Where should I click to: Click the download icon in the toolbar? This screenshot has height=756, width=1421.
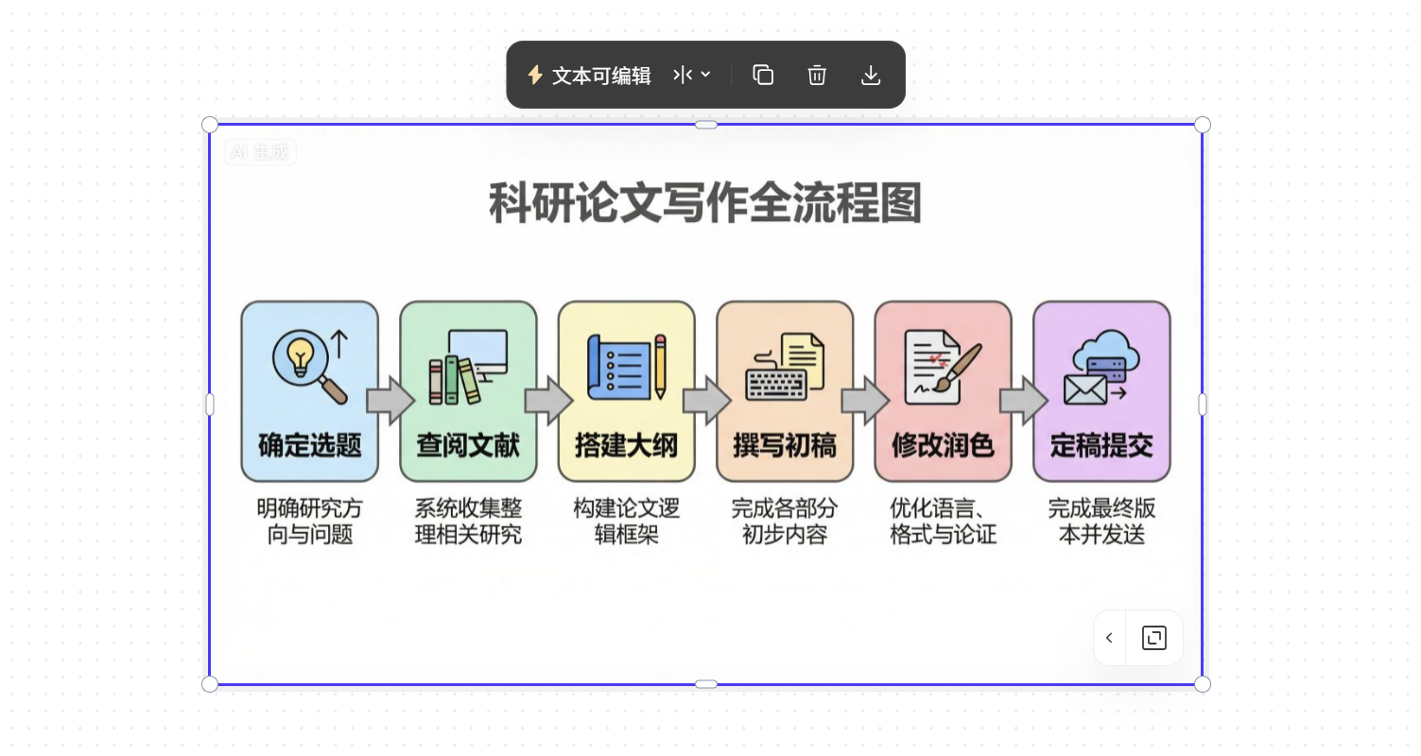point(871,76)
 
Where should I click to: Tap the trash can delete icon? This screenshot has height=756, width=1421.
point(817,76)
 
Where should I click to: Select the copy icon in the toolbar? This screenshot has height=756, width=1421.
point(763,76)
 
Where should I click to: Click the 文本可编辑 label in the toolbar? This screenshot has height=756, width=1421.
point(601,76)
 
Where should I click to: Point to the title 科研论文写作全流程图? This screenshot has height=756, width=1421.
point(705,203)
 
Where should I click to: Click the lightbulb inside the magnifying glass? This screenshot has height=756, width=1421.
point(301,356)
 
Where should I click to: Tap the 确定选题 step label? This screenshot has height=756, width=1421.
point(310,445)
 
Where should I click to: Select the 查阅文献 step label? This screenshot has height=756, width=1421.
point(468,445)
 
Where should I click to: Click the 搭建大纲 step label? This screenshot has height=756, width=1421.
point(627,445)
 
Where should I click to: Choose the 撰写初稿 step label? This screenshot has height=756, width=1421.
point(785,445)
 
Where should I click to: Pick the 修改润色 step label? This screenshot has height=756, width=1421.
point(944,445)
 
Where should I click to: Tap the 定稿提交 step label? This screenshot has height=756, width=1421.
point(1101,445)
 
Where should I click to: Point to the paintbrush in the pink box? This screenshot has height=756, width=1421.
point(961,365)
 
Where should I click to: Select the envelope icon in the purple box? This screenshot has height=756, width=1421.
point(1085,388)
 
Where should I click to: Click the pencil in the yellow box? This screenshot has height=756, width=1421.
point(660,367)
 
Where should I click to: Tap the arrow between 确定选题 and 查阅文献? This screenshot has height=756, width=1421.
point(390,401)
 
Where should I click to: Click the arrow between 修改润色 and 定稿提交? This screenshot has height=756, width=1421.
point(1023,401)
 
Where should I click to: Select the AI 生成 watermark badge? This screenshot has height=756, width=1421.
point(260,151)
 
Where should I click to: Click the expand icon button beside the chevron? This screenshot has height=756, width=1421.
point(1154,638)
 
